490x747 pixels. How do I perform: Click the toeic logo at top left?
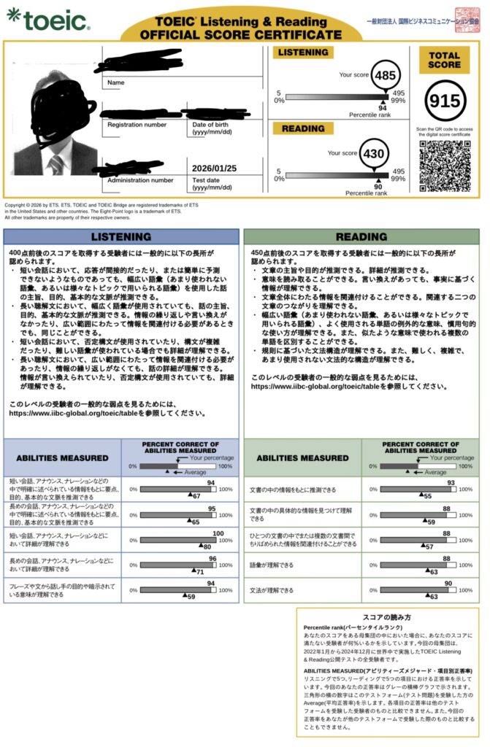tap(50, 20)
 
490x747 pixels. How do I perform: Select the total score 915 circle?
tap(445, 102)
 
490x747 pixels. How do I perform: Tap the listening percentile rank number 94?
tap(382, 107)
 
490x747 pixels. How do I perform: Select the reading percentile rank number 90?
tap(377, 187)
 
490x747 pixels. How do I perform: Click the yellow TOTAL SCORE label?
tap(445, 59)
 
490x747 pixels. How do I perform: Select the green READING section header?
tap(361, 236)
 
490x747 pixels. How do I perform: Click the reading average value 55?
tap(427, 495)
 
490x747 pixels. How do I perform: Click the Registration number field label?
tap(137, 125)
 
